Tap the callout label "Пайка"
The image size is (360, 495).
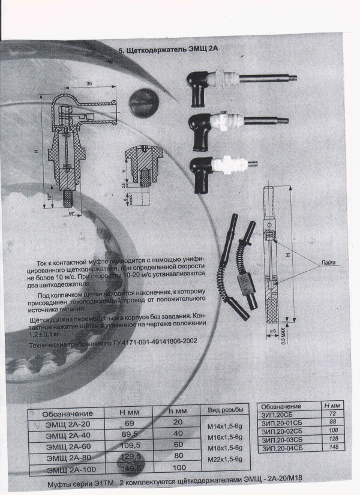click(328, 263)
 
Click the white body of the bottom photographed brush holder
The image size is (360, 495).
click(226, 164)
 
